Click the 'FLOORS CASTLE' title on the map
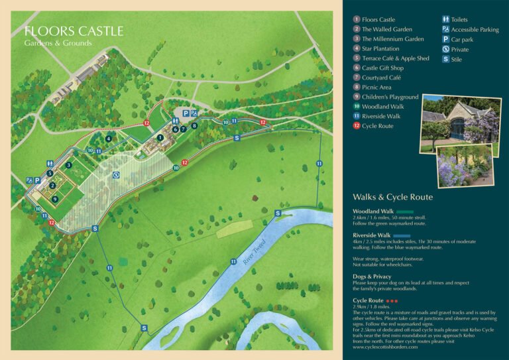point(74,31)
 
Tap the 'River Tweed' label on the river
point(254,252)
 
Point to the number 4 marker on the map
point(109,139)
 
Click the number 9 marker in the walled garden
point(55,198)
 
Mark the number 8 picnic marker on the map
point(194,125)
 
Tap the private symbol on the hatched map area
point(116,176)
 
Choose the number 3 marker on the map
point(68,165)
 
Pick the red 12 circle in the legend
point(357,126)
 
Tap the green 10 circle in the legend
point(357,107)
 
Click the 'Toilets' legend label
point(459,20)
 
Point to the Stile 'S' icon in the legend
point(445,59)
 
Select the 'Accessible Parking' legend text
point(475,29)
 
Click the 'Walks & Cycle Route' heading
point(392,197)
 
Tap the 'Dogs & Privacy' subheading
point(372,276)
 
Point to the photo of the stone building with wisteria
point(461,119)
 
